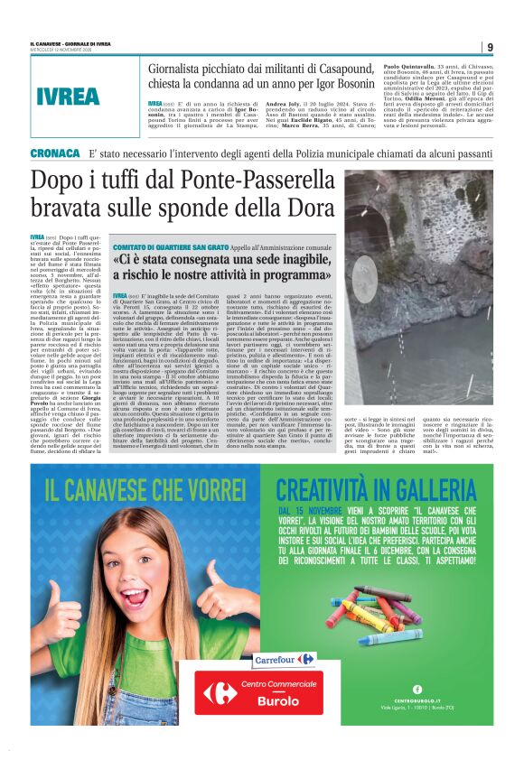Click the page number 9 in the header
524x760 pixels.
[489, 47]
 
